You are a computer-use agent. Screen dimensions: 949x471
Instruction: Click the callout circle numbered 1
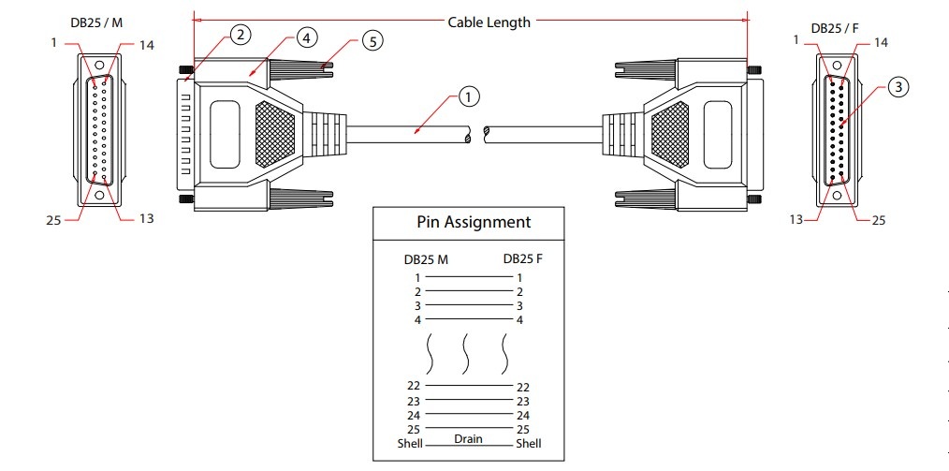469,96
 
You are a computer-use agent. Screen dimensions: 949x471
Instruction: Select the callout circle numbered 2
241,35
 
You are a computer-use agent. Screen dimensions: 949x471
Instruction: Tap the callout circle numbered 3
898,87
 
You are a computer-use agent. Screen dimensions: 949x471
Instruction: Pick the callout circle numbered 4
307,38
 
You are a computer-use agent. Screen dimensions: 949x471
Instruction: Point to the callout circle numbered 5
372,41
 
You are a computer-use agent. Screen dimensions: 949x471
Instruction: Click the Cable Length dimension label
489,22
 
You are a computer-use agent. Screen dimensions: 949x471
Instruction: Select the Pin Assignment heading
474,222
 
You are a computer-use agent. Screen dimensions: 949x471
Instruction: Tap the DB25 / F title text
835,28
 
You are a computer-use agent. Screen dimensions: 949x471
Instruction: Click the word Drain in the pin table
469,439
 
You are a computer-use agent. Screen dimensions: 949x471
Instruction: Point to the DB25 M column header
426,259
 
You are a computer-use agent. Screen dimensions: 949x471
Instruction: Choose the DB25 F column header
523,258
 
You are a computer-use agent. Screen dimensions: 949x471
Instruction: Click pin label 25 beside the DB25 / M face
54,220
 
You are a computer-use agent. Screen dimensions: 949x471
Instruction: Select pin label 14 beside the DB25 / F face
881,42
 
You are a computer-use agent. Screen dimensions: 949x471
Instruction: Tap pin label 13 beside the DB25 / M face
146,218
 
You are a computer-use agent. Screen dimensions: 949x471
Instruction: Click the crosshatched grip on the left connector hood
275,135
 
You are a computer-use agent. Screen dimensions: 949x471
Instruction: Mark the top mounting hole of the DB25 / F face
837,66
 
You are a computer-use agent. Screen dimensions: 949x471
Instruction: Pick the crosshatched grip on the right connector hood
669,135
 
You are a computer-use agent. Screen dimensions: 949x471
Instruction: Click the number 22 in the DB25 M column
414,386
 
